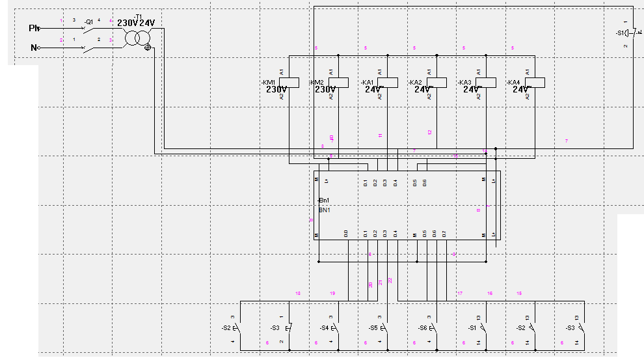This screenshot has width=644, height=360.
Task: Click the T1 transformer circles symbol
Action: coord(137,38)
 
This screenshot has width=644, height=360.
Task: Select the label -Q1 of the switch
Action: coord(89,21)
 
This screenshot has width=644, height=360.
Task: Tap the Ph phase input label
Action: coord(34,28)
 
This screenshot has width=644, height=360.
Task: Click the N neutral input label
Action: coord(34,48)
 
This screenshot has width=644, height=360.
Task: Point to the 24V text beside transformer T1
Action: coord(147,23)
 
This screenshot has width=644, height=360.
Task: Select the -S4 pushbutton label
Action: coord(324,327)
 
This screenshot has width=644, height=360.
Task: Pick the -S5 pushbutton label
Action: coord(373,327)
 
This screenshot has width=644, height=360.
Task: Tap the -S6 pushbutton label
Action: coord(422,327)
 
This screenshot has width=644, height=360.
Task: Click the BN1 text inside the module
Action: coord(323,210)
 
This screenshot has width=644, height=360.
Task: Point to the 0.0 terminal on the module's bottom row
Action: coord(346,233)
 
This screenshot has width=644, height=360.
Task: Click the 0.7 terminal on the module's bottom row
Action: coord(444,233)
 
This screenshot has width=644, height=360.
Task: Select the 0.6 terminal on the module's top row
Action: coord(425,183)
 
